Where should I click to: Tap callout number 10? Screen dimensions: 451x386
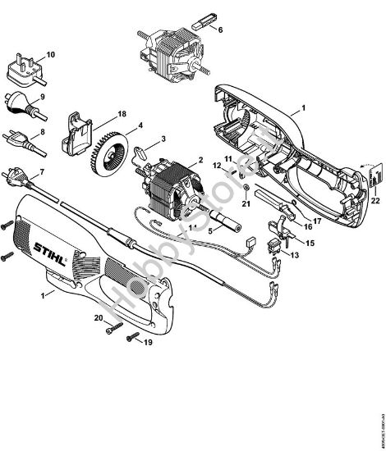[x=51, y=55]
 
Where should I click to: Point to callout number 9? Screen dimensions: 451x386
[x=42, y=98]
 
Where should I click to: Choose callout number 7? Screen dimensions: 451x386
[x=42, y=171]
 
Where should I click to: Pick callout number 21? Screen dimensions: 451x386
[x=245, y=203]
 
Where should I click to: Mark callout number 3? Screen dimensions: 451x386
[x=163, y=139]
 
